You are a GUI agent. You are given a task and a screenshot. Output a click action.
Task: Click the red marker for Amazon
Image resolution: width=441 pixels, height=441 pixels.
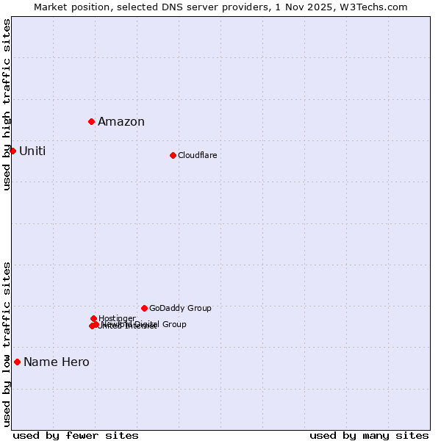(x=91, y=121)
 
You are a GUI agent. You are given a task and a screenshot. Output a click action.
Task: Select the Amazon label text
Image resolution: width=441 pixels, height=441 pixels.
(x=121, y=122)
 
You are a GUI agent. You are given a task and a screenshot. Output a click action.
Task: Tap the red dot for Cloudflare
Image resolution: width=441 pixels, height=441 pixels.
(x=173, y=155)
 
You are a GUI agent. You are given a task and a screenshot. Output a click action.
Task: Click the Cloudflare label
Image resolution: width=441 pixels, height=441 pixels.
(x=198, y=155)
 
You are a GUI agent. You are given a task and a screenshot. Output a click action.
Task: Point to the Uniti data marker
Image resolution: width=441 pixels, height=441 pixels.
(x=12, y=151)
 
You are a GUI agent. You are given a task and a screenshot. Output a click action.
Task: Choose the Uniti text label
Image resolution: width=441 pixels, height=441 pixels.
(x=32, y=151)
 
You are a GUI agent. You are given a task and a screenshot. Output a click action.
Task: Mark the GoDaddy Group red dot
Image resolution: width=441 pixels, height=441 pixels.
(x=144, y=308)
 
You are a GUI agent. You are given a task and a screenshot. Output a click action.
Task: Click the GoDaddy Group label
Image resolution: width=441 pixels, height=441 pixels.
(x=180, y=309)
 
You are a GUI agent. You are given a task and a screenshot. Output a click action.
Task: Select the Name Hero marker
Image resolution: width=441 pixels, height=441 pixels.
(x=17, y=362)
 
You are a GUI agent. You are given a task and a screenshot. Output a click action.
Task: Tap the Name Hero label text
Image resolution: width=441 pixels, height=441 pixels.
(x=57, y=362)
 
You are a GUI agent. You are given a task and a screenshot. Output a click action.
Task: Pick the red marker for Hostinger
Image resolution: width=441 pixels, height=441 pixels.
(x=93, y=318)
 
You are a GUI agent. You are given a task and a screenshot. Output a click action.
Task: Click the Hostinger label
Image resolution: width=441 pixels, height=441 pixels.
(x=117, y=318)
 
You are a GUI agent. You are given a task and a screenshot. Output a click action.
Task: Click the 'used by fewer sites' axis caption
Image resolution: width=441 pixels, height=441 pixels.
(x=76, y=435)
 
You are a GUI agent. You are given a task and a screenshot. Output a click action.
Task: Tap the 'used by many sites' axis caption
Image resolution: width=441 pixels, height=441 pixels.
(x=369, y=435)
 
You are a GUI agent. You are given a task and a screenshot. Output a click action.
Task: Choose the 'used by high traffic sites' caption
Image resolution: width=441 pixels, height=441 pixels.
(x=7, y=104)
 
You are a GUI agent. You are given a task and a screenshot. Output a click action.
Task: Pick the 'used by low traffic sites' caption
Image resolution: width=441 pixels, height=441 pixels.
(x=7, y=344)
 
